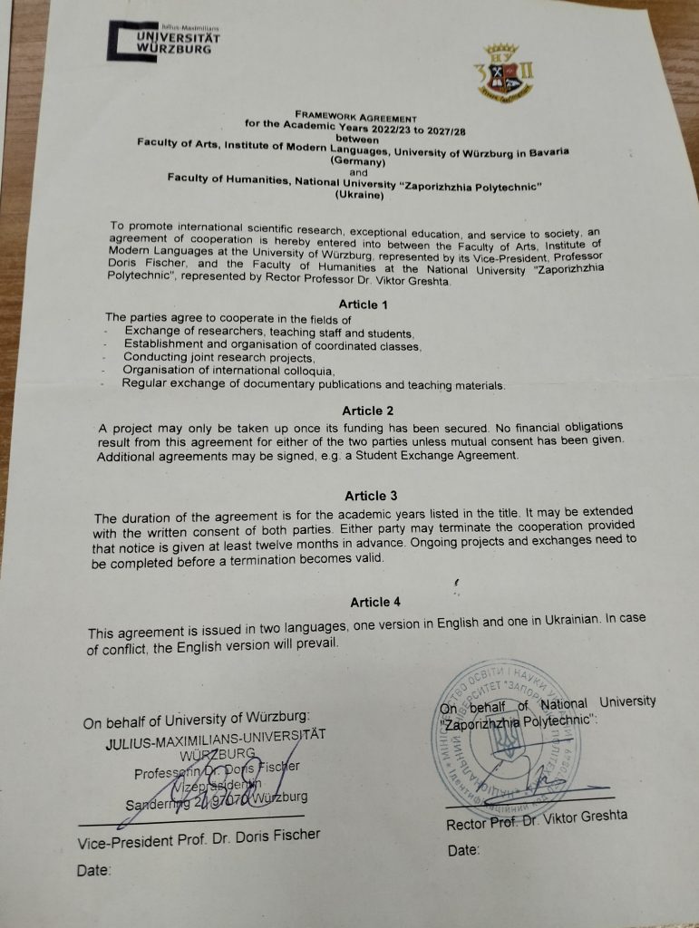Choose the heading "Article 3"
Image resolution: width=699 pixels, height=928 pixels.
(371, 496)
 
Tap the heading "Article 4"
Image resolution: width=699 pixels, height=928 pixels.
(375, 602)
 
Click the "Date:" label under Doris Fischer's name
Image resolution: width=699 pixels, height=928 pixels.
(94, 870)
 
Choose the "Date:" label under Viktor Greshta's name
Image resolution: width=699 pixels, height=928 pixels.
(463, 851)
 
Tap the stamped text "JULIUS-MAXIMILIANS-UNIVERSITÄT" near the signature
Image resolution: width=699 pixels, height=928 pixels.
(214, 739)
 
